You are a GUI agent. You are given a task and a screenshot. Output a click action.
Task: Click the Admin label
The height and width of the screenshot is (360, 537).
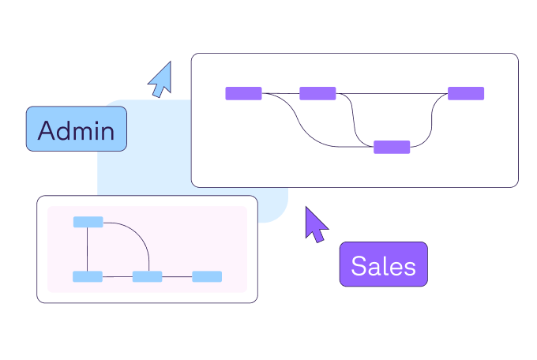[x=76, y=129]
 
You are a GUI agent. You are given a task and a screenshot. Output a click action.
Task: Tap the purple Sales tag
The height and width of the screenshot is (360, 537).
[x=383, y=264]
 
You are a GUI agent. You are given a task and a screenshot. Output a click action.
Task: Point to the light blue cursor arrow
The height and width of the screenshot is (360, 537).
[x=161, y=79]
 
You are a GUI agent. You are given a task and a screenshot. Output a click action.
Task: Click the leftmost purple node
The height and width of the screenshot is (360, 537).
[x=243, y=93]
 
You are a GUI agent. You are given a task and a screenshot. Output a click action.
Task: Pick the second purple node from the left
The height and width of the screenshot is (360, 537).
[x=317, y=93]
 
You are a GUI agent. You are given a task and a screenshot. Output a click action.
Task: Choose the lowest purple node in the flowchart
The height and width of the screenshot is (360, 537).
[x=392, y=147]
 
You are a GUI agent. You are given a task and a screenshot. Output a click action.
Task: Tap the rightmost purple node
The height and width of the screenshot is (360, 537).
[x=466, y=93]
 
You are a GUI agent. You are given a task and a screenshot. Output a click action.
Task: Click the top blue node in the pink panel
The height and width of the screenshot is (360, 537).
[x=88, y=222]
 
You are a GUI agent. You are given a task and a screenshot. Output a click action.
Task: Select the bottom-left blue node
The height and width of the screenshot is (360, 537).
[x=88, y=276]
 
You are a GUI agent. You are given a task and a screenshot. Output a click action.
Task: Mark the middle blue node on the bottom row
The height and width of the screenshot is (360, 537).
[x=147, y=276]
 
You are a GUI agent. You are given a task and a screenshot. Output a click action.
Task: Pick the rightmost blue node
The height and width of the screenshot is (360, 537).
[x=207, y=276]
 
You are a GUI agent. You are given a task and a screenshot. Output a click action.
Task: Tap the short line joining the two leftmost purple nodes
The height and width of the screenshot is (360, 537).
[x=280, y=93]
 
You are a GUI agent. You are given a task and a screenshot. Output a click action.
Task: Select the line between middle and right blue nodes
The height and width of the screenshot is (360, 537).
[x=177, y=276]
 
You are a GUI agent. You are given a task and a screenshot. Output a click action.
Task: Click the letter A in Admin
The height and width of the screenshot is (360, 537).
[x=47, y=130]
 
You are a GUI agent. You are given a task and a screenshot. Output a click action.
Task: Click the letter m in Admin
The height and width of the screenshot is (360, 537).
[x=86, y=132]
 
